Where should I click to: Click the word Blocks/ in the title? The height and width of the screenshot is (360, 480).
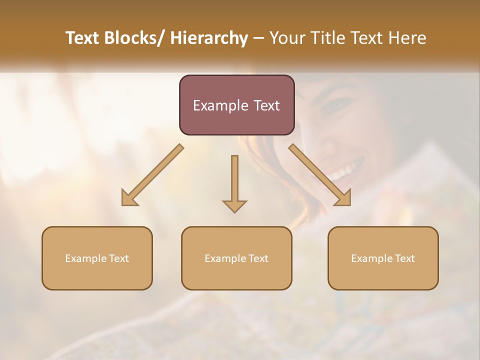pos(131,38)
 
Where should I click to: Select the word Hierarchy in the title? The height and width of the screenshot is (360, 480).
pos(209,38)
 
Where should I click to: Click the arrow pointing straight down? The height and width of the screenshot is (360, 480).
pos(234,180)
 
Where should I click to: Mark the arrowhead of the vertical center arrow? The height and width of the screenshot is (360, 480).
pos(234,205)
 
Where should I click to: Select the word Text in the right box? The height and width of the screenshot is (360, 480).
pos(404,258)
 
